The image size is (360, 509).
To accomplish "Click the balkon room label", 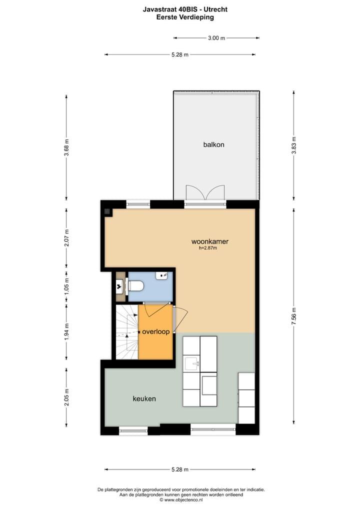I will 213,144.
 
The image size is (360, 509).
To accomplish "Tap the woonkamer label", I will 210,241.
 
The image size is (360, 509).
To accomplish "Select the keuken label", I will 144,398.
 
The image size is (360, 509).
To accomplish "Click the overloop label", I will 155,331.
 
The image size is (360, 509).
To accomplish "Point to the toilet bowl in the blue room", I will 136,286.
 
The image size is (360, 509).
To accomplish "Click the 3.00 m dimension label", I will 216,37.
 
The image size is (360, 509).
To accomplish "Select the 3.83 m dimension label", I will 294,145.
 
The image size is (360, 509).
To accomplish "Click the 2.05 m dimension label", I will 66,397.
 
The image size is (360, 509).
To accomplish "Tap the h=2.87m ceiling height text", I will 208,248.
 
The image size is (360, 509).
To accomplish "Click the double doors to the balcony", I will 205,194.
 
